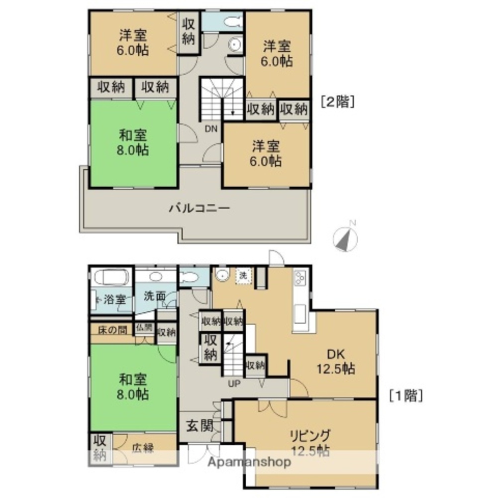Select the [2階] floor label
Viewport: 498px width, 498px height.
[x=338, y=102]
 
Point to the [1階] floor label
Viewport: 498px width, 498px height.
[x=406, y=396]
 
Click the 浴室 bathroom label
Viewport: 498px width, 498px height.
[x=115, y=300]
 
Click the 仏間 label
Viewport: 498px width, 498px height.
[x=144, y=328]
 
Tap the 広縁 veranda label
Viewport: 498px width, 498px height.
[x=142, y=448]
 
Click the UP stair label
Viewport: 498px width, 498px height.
[x=234, y=384]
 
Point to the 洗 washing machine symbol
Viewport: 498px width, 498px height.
[x=244, y=275]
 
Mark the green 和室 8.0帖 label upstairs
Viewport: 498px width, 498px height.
[x=133, y=142]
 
